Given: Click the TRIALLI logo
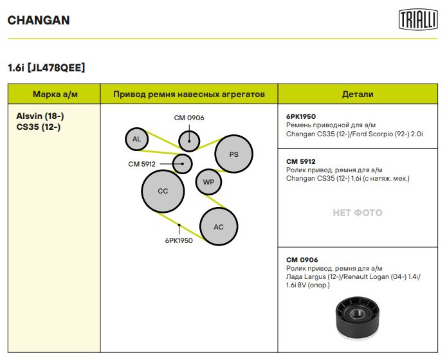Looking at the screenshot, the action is (x=418, y=19).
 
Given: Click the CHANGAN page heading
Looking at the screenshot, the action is (x=39, y=20).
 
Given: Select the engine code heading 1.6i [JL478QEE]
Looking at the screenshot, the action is (x=46, y=68).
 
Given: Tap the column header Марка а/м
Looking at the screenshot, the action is (x=55, y=94).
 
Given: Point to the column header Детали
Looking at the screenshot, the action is (x=358, y=94).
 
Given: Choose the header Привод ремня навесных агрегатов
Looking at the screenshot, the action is (x=189, y=94).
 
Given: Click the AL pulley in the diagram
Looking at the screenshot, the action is (x=137, y=139).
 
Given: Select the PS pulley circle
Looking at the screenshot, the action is (x=233, y=154).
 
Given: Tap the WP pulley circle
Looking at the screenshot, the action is (x=208, y=182).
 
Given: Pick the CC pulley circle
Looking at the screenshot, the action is (x=163, y=192).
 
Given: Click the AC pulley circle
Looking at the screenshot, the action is (x=219, y=226).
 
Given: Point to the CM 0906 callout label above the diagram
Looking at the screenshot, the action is (x=189, y=118).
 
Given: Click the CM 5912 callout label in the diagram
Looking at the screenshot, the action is (x=141, y=164).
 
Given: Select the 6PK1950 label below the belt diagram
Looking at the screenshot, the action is (x=179, y=240).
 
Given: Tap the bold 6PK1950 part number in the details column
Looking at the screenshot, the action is (x=301, y=116).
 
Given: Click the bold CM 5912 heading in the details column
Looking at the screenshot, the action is (x=301, y=161).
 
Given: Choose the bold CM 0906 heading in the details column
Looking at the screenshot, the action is (x=302, y=260).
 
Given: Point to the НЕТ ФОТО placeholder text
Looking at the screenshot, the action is (x=358, y=213).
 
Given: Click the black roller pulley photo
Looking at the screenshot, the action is (x=358, y=318).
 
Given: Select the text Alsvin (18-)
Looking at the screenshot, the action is (x=40, y=116).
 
